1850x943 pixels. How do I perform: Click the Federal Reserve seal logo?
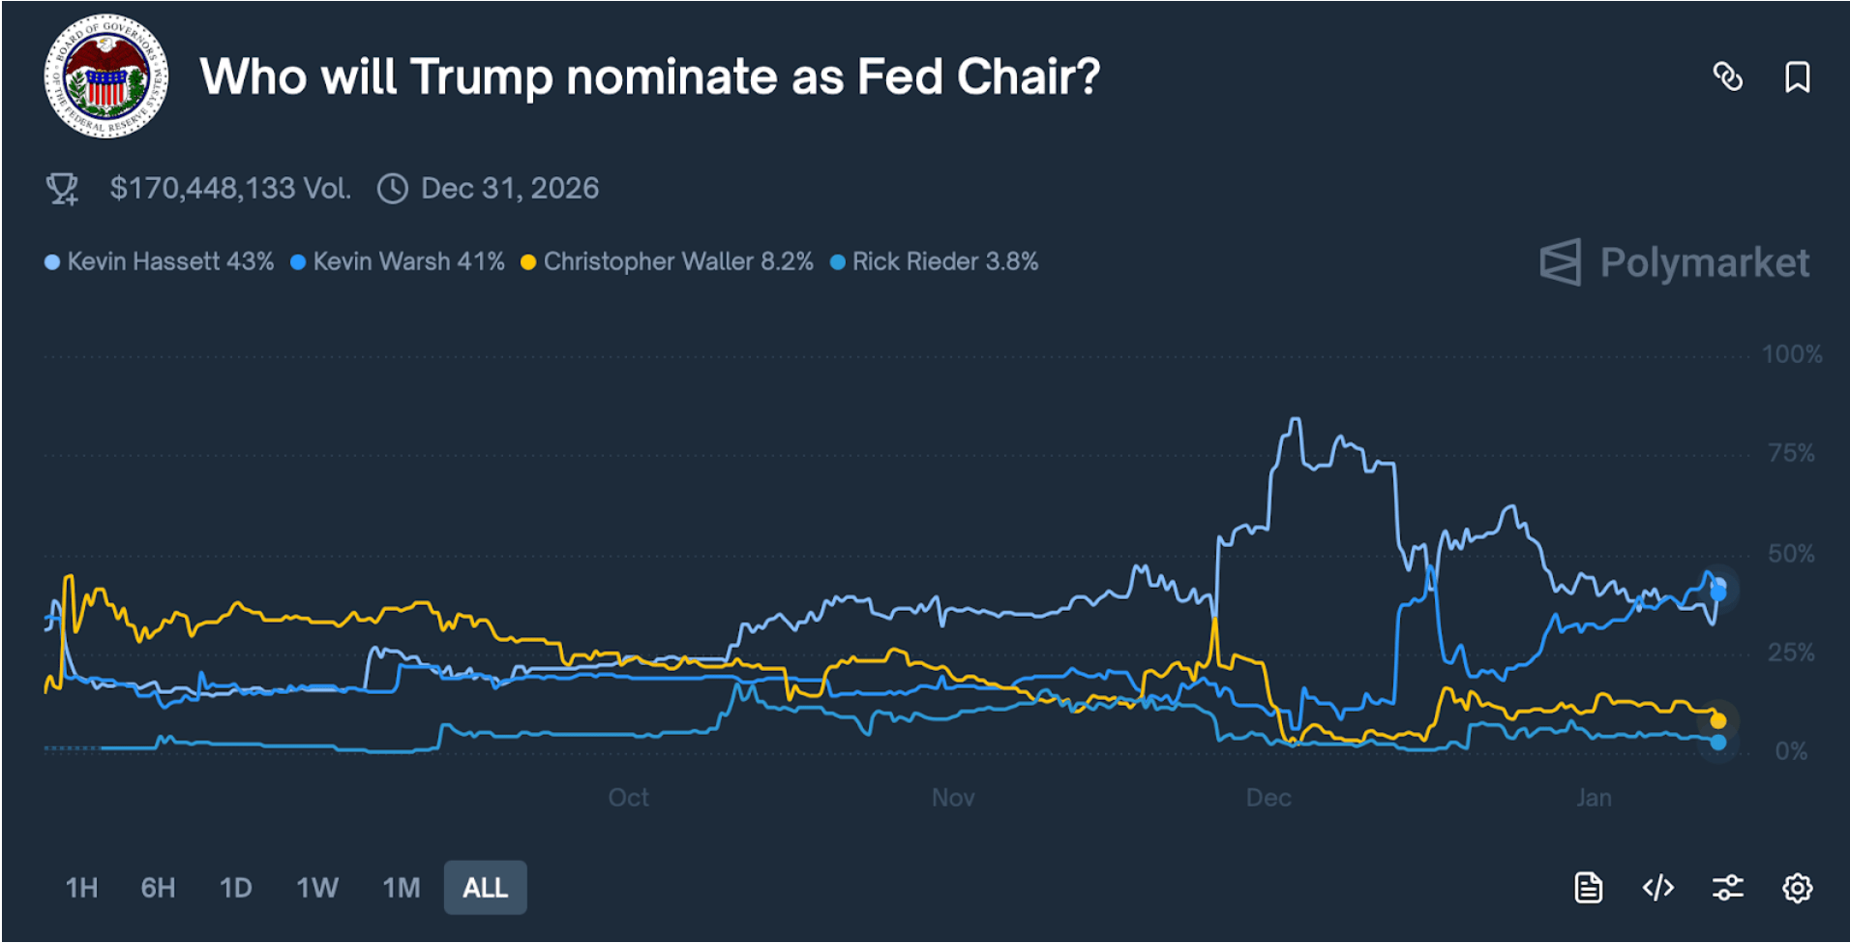click(x=106, y=76)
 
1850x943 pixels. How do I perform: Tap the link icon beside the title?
click(x=1727, y=76)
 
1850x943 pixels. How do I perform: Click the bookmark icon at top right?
click(x=1797, y=76)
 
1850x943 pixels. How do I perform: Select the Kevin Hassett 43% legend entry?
click(x=160, y=261)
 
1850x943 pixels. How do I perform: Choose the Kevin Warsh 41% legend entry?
click(x=398, y=261)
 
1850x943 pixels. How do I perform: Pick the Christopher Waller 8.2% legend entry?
click(x=667, y=261)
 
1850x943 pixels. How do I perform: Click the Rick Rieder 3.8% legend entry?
click(x=935, y=261)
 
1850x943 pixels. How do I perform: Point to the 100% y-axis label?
click(x=1791, y=354)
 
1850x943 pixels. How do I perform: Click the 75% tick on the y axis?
click(x=1791, y=453)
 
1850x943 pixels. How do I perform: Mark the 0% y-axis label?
click(x=1791, y=751)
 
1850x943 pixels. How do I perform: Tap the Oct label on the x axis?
click(x=628, y=798)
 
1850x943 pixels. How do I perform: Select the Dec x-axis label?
click(x=1268, y=798)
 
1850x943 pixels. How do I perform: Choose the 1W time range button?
click(x=317, y=888)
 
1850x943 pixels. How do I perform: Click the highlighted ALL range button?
click(x=486, y=888)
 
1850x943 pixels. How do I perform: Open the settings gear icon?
click(x=1797, y=888)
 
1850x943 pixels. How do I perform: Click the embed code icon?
click(x=1657, y=888)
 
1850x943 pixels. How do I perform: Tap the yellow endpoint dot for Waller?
click(x=1717, y=720)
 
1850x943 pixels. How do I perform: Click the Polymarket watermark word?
click(x=1704, y=262)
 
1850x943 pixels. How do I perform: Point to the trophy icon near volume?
click(x=63, y=188)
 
